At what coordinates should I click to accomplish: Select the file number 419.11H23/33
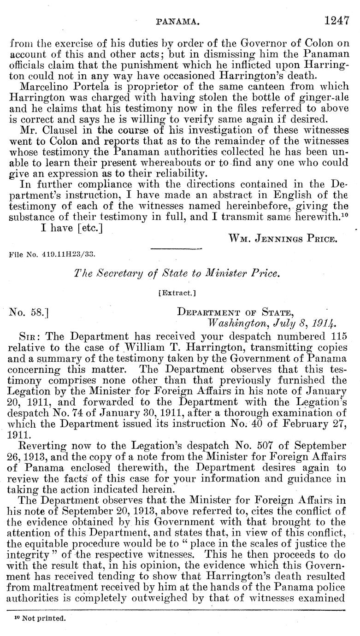point(53,253)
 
